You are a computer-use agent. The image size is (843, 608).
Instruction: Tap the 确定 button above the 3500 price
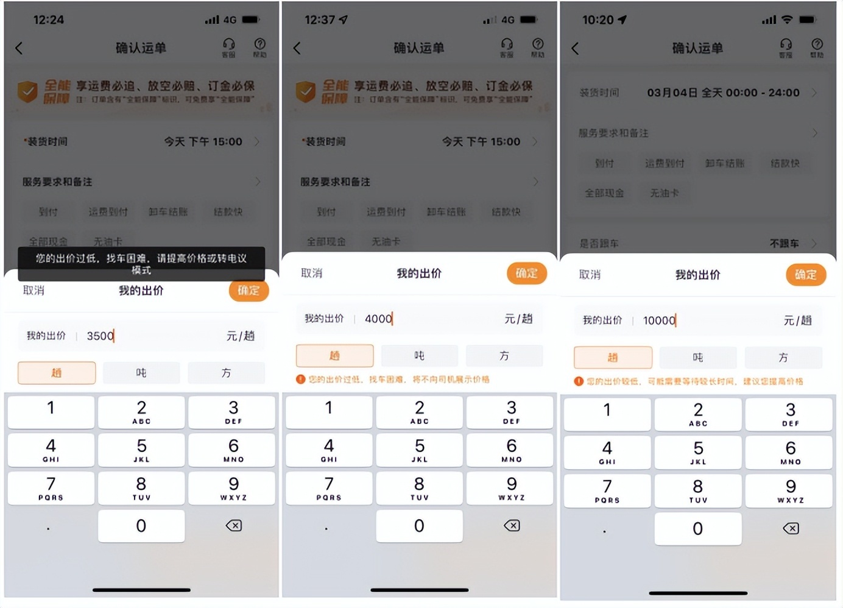[249, 291]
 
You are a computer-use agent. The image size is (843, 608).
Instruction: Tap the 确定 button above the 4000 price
[526, 274]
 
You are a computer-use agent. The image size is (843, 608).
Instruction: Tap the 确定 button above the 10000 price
[805, 275]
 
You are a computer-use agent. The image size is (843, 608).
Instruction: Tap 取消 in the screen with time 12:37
[312, 274]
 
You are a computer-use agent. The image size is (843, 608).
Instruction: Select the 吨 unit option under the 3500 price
[141, 373]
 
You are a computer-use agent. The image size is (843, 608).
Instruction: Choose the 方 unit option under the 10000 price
[783, 358]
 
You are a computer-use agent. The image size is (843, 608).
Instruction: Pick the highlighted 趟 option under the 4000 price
[334, 356]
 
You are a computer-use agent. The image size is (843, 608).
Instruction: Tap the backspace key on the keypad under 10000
[791, 528]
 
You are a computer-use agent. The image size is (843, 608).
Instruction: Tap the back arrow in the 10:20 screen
[575, 48]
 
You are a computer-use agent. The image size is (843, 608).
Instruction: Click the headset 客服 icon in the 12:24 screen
[229, 47]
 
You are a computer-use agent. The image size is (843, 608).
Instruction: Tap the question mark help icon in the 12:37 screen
[538, 47]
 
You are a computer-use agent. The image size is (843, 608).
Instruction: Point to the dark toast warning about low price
[141, 264]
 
